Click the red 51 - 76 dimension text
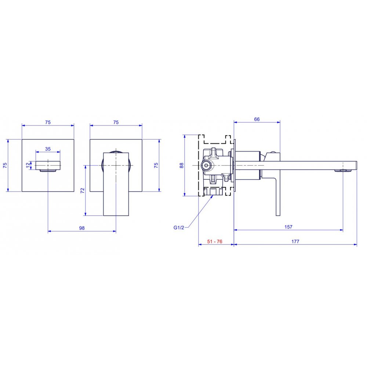pyautogui.click(x=214, y=241)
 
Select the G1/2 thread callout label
pyautogui.click(x=179, y=228)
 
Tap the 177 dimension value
pyautogui.click(x=295, y=241)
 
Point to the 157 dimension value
pyautogui.click(x=288, y=227)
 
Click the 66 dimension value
pyautogui.click(x=257, y=119)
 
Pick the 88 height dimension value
pyautogui.click(x=182, y=165)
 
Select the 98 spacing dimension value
pyautogui.click(x=82, y=228)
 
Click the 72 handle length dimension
pyautogui.click(x=82, y=190)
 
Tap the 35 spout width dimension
pyautogui.click(x=48, y=149)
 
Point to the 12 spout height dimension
pyautogui.click(x=28, y=165)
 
